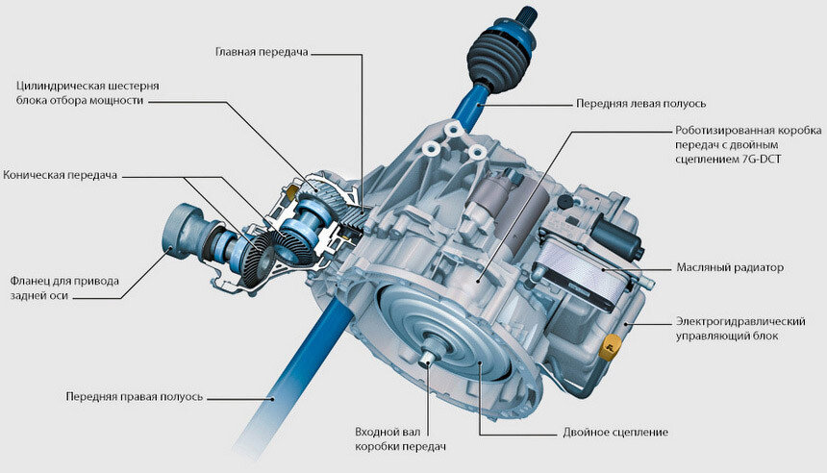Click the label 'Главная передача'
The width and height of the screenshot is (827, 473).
(262, 52)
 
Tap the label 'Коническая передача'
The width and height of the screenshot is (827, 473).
(61, 175)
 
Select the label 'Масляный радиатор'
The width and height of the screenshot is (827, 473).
(730, 267)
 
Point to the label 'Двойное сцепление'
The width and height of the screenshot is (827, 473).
(615, 433)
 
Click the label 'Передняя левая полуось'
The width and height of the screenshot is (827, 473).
(640, 104)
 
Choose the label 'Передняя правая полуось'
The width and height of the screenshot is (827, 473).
(135, 396)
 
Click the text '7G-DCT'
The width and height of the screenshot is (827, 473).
(761, 159)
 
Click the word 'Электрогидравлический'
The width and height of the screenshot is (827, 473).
(740, 321)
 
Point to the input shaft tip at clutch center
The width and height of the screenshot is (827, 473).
(429, 356)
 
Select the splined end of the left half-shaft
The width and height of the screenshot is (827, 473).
(527, 14)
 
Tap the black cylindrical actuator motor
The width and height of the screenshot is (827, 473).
(617, 235)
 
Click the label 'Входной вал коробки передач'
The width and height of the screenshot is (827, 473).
(400, 439)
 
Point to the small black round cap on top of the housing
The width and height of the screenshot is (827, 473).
(564, 202)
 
